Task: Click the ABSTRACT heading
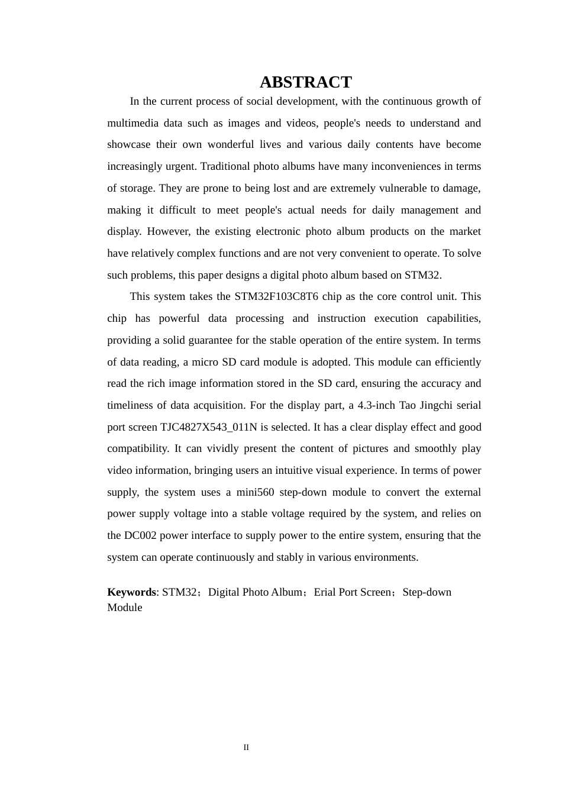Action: coord(305,82)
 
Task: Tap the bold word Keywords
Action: coord(131,592)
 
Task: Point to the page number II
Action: coord(246,748)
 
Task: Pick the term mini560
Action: coord(255,492)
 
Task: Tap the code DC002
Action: coord(140,535)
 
